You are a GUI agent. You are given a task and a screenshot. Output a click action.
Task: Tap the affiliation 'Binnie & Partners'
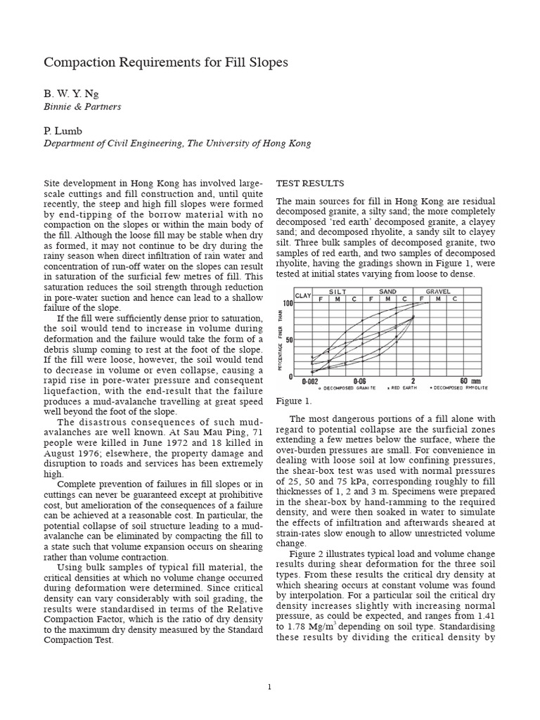click(82, 106)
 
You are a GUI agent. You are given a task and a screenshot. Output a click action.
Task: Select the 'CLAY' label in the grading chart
click(303, 295)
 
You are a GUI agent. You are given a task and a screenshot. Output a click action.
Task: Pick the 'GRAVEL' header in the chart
click(438, 291)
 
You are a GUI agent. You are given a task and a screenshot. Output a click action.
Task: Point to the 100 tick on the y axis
click(287, 303)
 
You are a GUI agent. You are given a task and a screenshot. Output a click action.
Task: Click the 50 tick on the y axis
click(288, 340)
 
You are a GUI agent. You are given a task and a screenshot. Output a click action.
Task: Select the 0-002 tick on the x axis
click(311, 381)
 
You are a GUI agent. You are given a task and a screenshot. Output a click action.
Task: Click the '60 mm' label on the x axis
click(470, 381)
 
